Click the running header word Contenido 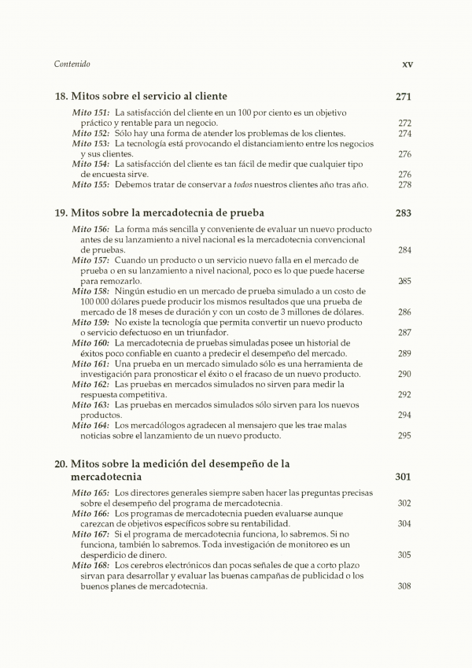point(72,65)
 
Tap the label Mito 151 point(91,113)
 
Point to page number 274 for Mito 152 point(404,134)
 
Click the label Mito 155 point(91,185)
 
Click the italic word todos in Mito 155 point(252,185)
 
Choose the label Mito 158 point(91,291)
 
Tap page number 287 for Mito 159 point(404,333)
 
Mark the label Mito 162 point(91,384)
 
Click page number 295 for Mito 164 point(404,435)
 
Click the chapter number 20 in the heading point(61,464)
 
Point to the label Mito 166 point(91,514)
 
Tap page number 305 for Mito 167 point(404,555)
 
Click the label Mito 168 point(91,565)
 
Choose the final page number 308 point(404,585)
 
